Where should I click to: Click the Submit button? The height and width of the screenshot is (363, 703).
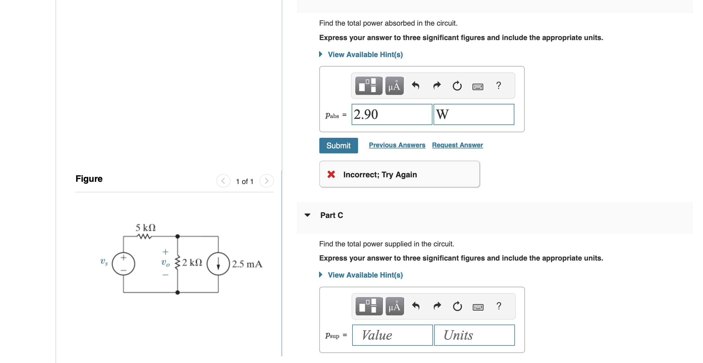[x=338, y=146]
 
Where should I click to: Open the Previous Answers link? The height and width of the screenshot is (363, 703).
[x=397, y=145]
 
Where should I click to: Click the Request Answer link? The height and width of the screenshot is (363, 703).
[x=457, y=145]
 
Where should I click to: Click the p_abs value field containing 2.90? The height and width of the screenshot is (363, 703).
[x=391, y=114]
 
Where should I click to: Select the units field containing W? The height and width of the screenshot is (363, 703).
[x=473, y=114]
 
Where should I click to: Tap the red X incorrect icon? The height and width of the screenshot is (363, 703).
[x=331, y=174]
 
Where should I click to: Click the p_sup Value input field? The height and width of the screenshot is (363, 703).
[x=392, y=335]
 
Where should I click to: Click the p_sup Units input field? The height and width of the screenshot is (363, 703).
[x=474, y=335]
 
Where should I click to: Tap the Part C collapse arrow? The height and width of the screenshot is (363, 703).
[x=307, y=215]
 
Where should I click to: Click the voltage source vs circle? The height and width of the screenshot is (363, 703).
[x=123, y=264]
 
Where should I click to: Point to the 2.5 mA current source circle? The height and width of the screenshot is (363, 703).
[x=218, y=264]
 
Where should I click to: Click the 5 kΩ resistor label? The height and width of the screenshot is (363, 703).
[x=145, y=228]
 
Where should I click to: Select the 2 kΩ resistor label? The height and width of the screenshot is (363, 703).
[x=192, y=263]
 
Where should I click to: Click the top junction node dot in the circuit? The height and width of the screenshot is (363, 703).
[x=177, y=236]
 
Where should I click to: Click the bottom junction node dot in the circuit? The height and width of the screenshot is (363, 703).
[x=177, y=292]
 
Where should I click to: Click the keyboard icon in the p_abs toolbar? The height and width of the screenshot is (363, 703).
[x=478, y=86]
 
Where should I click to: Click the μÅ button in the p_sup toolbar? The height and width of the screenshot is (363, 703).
[x=394, y=306]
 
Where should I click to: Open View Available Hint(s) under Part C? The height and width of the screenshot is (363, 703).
[x=365, y=275]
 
